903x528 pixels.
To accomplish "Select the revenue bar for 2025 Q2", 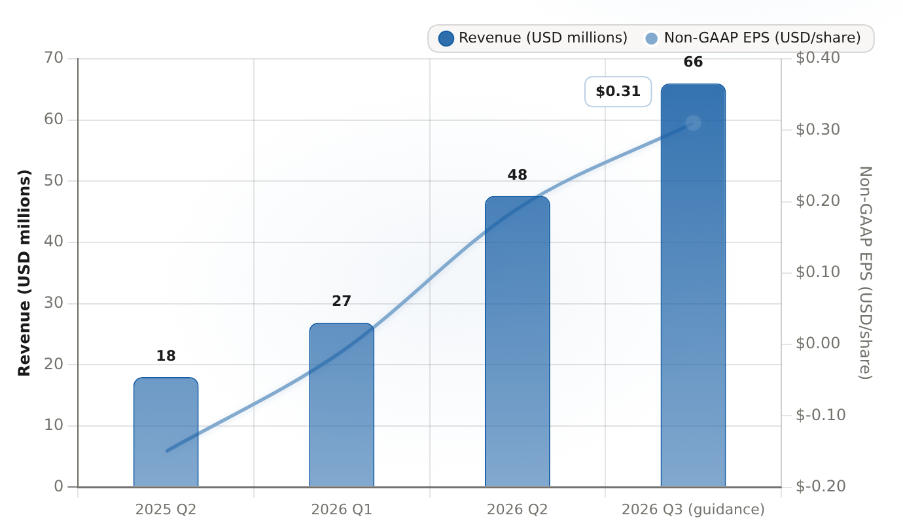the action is tap(166, 432).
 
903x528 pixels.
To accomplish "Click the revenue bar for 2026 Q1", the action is tap(342, 405).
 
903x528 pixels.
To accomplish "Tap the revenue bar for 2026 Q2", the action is tap(517, 342).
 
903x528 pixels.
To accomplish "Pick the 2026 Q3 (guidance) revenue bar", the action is tap(693, 286).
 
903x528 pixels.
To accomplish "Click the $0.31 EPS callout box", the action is tap(618, 91).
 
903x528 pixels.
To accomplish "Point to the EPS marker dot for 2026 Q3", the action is tap(693, 123).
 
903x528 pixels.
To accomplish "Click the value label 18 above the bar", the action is tap(166, 355).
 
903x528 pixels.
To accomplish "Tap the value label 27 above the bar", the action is tap(342, 301).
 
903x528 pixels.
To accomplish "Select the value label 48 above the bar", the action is tap(517, 174).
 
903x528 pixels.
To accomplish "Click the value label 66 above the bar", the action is tap(693, 62).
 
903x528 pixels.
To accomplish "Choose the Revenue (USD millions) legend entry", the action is tap(533, 38).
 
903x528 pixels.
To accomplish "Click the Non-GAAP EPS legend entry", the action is tap(752, 38).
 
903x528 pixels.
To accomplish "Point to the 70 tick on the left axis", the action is tap(54, 58).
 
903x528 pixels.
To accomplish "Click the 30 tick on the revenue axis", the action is tap(54, 303).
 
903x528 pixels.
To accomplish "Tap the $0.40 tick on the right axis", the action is tap(818, 58).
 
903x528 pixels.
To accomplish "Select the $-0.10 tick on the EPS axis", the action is tap(821, 415).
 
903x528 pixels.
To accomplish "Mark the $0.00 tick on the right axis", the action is tap(818, 343).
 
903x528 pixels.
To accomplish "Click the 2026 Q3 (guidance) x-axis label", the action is tap(693, 510).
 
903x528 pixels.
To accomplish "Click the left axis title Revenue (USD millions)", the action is tap(24, 273).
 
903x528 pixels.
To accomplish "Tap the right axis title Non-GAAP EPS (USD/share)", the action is tap(866, 273).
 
